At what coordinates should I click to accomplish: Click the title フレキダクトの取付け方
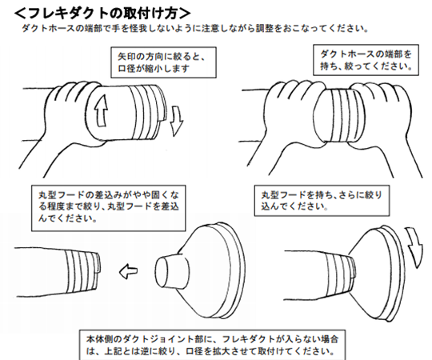(x=102, y=13)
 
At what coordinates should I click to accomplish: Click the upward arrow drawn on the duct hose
(x=101, y=110)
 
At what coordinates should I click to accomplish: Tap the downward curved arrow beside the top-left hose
(x=176, y=120)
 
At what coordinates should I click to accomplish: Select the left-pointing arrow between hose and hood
(x=128, y=271)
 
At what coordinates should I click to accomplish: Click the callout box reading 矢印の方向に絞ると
(x=163, y=62)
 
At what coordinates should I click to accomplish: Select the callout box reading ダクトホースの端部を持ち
(x=366, y=60)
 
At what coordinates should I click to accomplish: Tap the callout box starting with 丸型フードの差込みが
(x=108, y=208)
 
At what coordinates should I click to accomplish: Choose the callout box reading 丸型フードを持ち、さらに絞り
(x=322, y=200)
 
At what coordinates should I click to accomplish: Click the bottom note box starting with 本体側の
(x=213, y=345)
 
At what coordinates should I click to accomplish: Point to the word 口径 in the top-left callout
(x=126, y=68)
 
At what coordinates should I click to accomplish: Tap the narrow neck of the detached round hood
(x=171, y=271)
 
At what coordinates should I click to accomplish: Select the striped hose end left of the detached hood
(x=82, y=271)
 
